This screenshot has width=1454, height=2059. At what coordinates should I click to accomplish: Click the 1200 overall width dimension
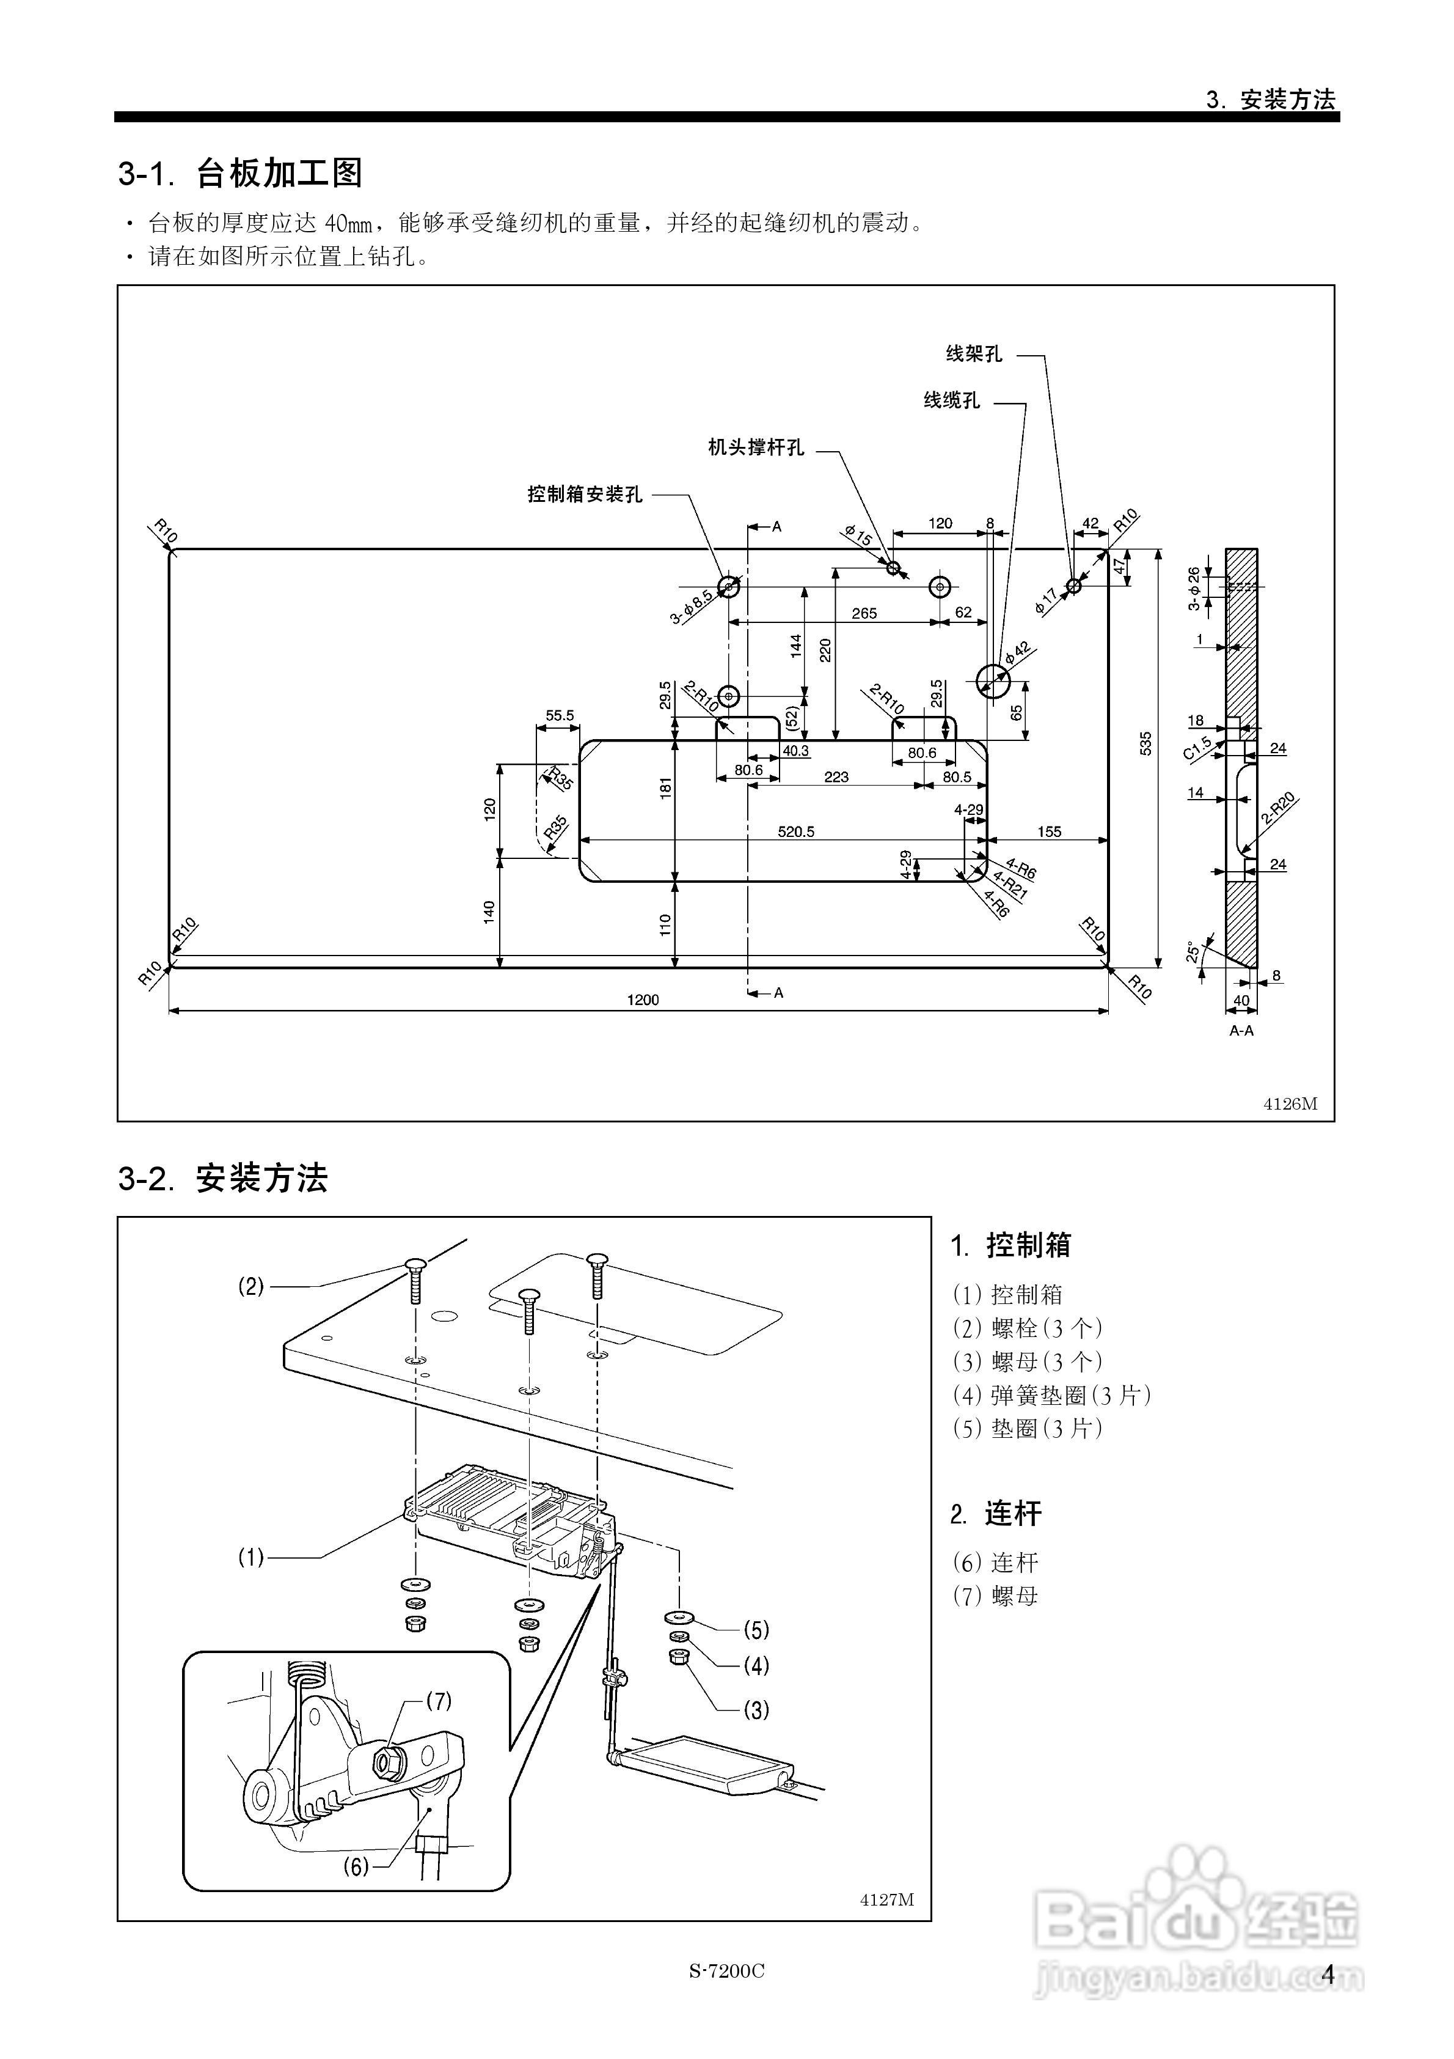643,1000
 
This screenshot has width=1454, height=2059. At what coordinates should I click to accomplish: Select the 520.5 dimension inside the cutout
795,832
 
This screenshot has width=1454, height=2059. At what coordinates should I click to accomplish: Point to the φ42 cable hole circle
992,682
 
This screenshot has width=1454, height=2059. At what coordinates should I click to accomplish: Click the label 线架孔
974,354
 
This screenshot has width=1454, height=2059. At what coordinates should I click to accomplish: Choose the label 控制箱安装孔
585,494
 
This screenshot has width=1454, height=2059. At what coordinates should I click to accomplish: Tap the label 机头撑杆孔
756,448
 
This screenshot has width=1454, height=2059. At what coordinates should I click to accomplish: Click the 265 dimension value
864,613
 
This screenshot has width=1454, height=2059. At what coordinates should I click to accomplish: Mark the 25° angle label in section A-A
1193,952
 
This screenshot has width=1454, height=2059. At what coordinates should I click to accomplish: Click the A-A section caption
1241,1031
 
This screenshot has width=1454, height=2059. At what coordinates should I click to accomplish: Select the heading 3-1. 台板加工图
240,173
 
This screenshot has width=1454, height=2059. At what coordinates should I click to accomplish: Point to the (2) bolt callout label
251,1287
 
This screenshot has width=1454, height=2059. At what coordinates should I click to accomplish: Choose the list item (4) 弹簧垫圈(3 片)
1051,1395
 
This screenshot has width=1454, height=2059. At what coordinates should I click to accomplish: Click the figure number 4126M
1290,1104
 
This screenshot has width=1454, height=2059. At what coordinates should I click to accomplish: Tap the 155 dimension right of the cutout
1049,832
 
